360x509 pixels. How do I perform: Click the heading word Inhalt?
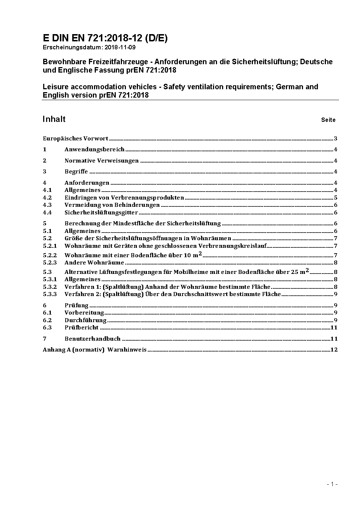click(54, 119)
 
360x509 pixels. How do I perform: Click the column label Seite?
click(328, 120)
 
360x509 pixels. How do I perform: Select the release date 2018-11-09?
click(120, 47)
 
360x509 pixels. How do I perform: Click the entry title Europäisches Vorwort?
click(75, 138)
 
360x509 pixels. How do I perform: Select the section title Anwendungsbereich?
click(94, 149)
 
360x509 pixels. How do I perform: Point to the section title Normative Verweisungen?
click(102, 161)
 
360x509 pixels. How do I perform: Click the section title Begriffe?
click(76, 172)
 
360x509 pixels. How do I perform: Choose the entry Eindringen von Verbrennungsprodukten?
click(124, 198)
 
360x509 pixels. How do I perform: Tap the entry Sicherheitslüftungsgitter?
click(101, 213)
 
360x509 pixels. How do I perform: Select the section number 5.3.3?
click(50, 294)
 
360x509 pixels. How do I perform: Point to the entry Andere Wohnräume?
click(94, 263)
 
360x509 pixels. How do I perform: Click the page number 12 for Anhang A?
click(334, 350)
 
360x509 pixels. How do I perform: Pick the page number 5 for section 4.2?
click(336, 198)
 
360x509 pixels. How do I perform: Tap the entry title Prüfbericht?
click(81, 327)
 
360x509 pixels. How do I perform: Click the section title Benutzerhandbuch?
click(93, 339)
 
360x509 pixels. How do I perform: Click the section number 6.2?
click(48, 320)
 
